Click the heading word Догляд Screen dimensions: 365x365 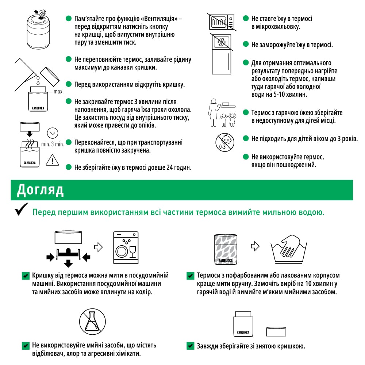(41, 190)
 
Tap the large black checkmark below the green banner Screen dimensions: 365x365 (21, 211)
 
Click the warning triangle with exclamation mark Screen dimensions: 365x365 (53, 160)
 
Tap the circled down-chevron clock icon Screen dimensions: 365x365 (53, 133)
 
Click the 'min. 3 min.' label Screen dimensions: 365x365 (53, 144)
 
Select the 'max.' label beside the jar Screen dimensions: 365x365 (58, 92)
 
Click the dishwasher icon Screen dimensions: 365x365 (126, 247)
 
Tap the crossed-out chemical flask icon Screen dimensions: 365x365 (92, 321)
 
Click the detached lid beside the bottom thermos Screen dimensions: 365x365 (276, 331)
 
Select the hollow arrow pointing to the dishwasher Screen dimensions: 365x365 (98, 247)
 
